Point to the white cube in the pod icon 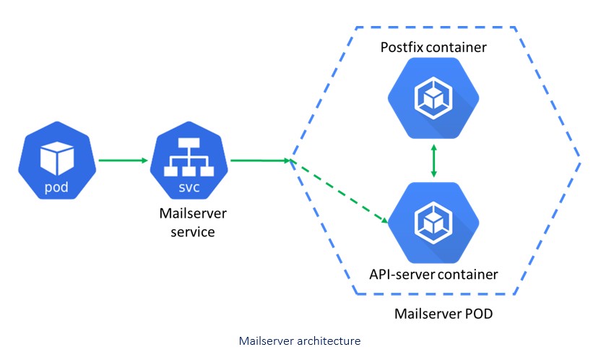(x=56, y=155)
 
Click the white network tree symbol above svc (x=187, y=155)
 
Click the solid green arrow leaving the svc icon (x=260, y=160)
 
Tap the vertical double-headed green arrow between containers (x=433, y=160)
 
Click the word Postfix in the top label (x=402, y=48)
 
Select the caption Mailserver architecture (x=299, y=340)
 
